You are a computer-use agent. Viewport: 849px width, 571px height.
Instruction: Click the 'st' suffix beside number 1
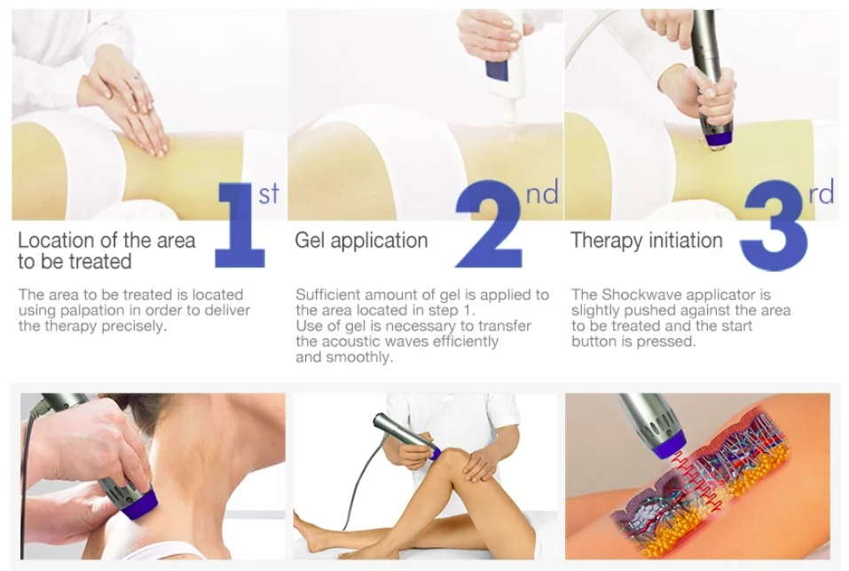point(269,194)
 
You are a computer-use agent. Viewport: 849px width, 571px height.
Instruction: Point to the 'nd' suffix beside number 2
point(541,193)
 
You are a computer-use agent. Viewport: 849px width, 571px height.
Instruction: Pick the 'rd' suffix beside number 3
point(821,193)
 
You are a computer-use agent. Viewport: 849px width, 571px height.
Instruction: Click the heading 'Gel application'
point(361,241)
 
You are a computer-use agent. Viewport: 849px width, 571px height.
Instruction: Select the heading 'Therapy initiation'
point(646,241)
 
